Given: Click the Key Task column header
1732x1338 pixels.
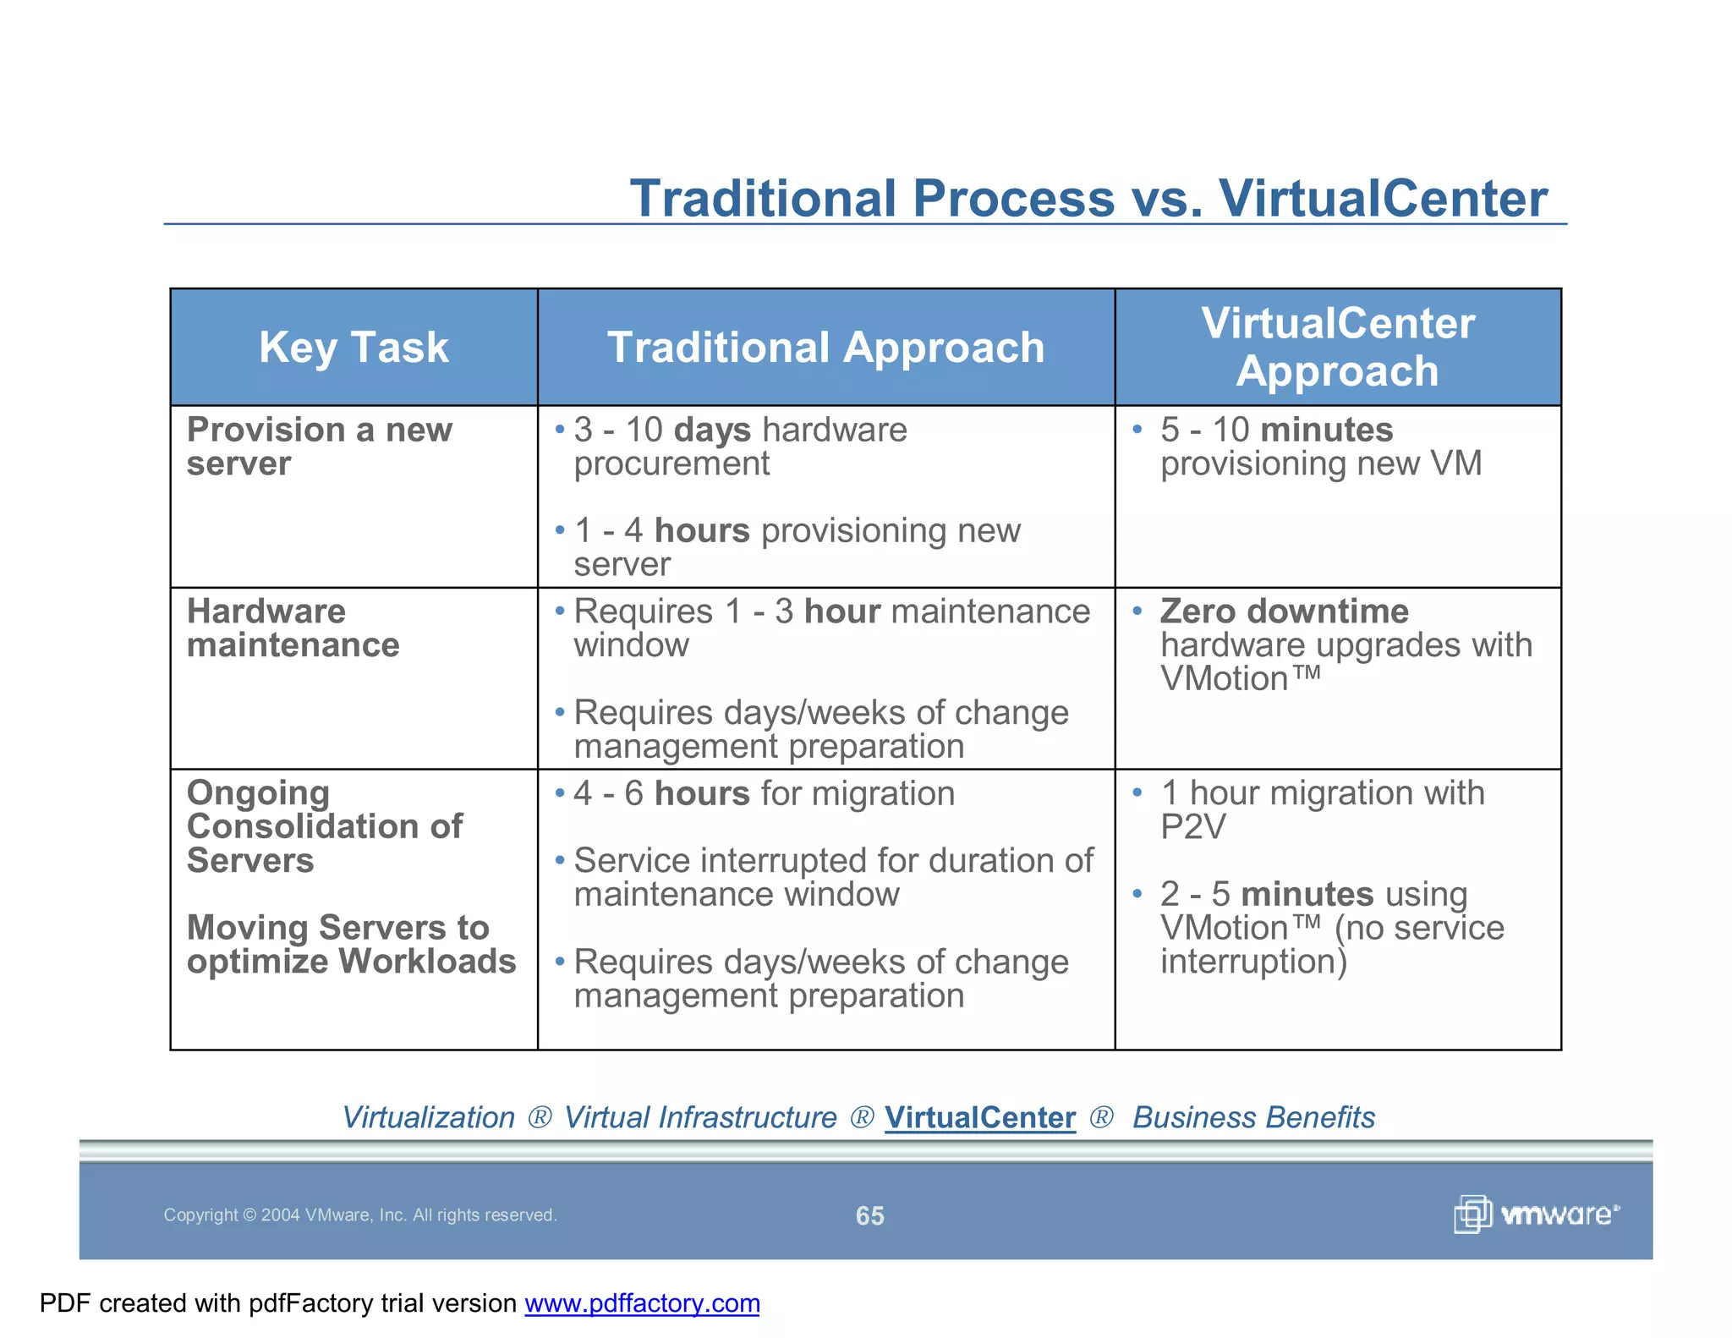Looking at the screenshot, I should point(354,348).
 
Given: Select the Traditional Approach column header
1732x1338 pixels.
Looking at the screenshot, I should point(825,348).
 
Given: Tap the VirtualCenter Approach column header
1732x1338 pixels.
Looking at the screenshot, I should point(1338,347).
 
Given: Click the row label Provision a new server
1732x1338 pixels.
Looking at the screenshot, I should point(319,447).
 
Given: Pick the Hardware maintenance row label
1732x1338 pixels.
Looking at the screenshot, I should point(293,628).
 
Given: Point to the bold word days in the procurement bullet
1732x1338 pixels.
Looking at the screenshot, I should point(712,430).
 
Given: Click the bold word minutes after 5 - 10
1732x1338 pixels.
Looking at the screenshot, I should point(1326,430).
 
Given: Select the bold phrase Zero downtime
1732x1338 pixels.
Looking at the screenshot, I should point(1284,611).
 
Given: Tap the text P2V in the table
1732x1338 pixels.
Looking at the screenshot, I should point(1192,827).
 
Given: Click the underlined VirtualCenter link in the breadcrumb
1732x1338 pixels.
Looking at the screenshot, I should point(980,1118).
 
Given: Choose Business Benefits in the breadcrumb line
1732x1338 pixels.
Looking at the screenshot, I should point(1253,1118).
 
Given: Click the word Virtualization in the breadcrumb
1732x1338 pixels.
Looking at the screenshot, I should point(428,1118).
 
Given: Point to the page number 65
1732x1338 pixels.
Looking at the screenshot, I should point(869,1216).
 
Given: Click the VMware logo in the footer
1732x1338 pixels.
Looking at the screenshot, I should point(1536,1215).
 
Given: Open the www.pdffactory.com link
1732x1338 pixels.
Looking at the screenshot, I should point(642,1303).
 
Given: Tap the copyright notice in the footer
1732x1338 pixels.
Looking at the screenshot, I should point(359,1215).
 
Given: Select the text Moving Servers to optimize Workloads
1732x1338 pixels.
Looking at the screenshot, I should point(351,945).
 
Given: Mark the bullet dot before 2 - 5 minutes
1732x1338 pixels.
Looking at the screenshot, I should point(1137,893).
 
